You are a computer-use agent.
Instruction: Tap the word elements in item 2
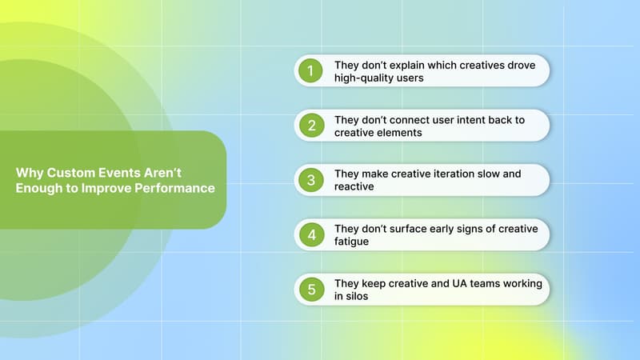[400, 133]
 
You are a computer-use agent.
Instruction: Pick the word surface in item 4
[418, 228]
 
